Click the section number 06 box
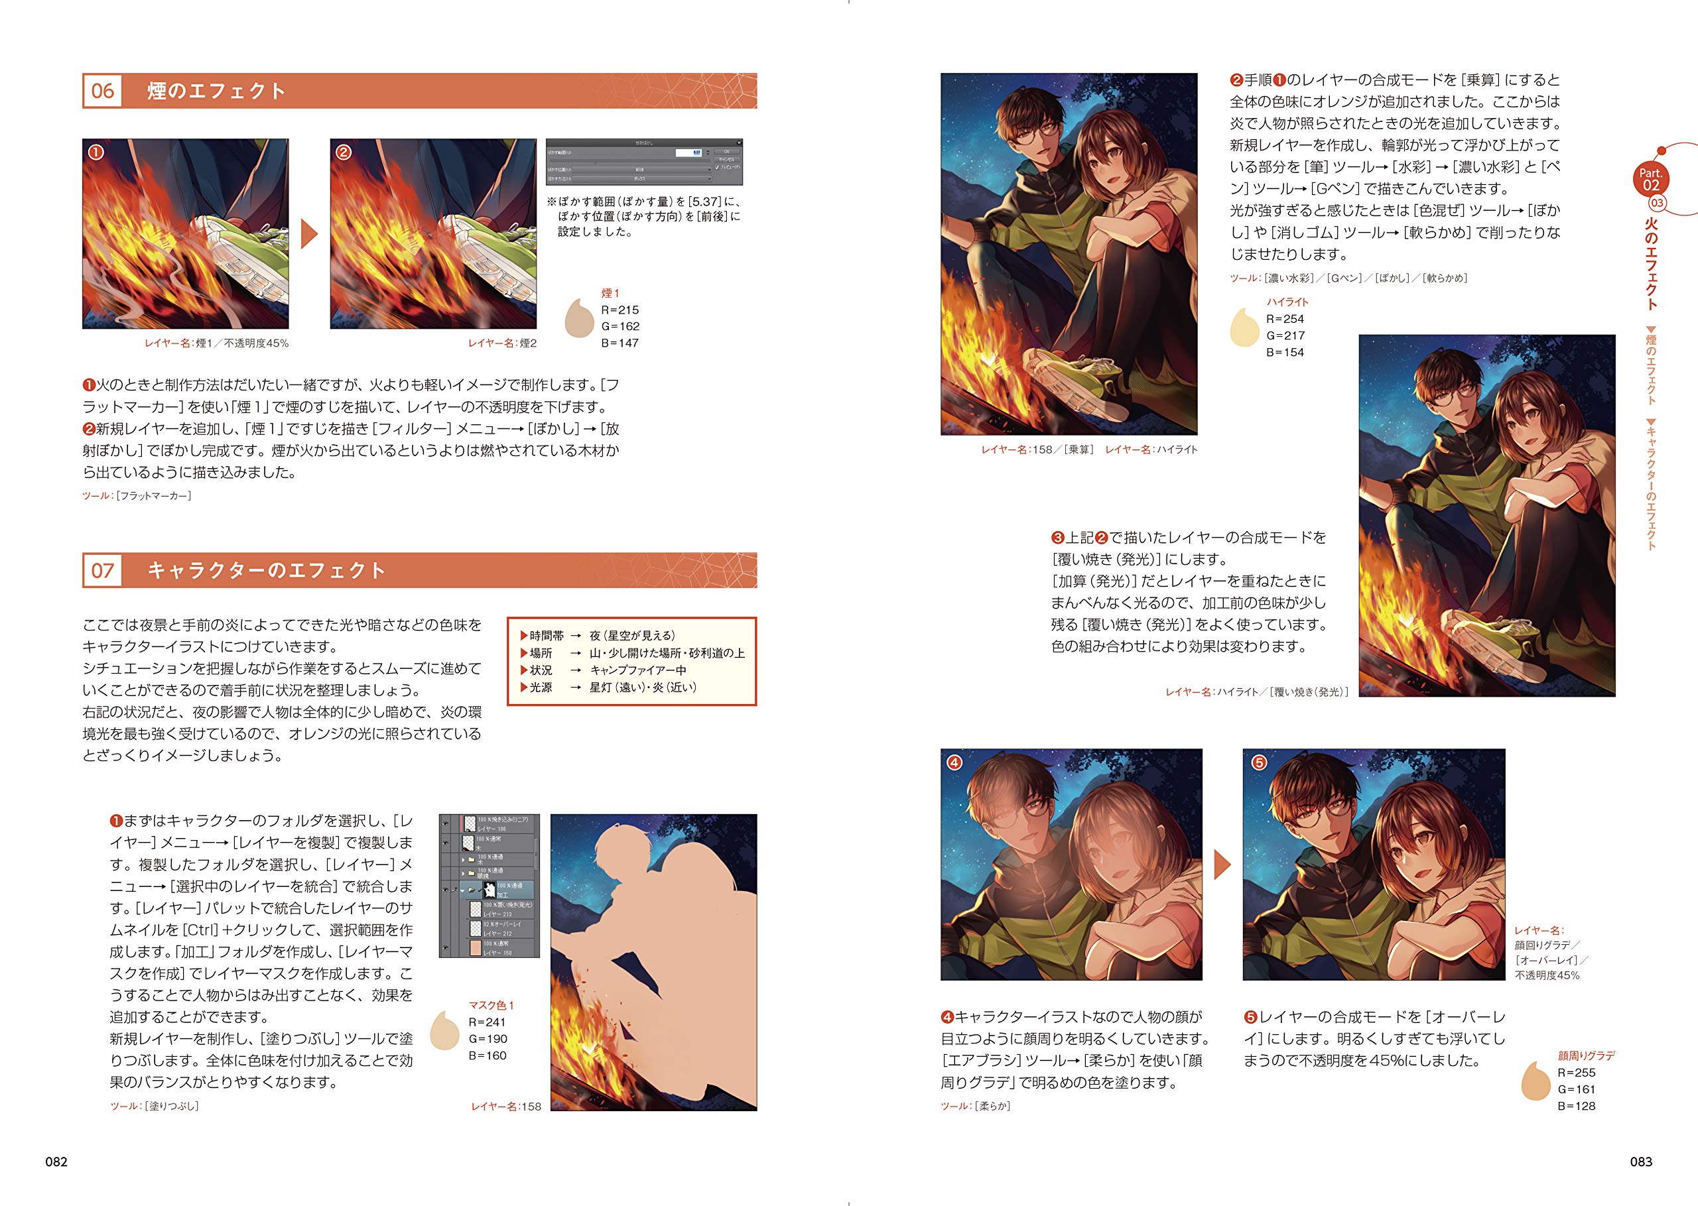(x=103, y=91)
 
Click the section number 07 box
(x=103, y=570)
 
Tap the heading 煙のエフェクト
(x=216, y=91)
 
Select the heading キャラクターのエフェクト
(x=266, y=570)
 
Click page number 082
(x=56, y=1162)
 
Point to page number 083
(x=1641, y=1162)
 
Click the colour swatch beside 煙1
(x=578, y=320)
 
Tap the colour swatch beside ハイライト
(x=1244, y=328)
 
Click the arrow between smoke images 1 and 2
(x=309, y=234)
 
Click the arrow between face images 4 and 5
(x=1222, y=865)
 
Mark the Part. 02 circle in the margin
(x=1650, y=179)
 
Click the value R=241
(x=488, y=1022)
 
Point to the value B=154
(x=1285, y=352)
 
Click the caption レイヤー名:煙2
(x=502, y=343)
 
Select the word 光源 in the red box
(x=541, y=688)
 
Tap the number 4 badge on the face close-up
(x=954, y=762)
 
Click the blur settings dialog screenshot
(x=644, y=161)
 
